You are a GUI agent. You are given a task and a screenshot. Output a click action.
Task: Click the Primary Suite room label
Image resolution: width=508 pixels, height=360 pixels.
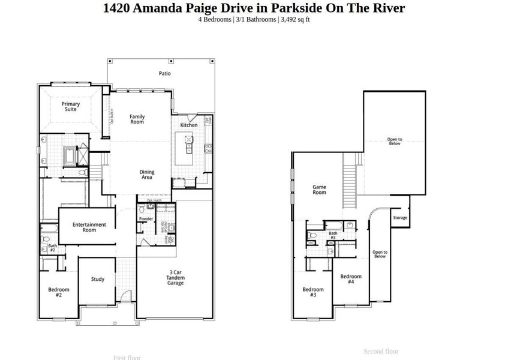(x=71, y=106)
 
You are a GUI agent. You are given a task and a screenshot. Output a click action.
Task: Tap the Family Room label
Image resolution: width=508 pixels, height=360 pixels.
(x=137, y=119)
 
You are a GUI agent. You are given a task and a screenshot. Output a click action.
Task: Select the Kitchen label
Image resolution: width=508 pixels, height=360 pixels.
(x=189, y=125)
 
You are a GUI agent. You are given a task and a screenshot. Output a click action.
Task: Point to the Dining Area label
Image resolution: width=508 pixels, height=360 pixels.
(x=147, y=175)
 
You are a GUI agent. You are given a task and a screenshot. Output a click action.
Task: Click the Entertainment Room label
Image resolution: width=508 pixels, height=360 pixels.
(x=89, y=227)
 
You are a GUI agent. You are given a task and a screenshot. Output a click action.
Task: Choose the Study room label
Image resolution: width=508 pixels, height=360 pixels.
(x=98, y=279)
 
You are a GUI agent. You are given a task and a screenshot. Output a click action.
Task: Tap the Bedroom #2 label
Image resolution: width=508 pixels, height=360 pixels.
(x=59, y=292)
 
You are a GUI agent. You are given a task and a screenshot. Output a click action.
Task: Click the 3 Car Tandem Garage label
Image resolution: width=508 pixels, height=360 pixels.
(x=176, y=278)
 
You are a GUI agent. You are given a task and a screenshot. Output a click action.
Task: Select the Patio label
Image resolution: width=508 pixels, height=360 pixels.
(x=164, y=74)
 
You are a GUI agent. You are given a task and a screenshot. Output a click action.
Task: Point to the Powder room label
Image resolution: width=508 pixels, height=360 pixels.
(x=146, y=219)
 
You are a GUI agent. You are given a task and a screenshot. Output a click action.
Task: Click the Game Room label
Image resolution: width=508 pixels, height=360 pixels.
(x=319, y=190)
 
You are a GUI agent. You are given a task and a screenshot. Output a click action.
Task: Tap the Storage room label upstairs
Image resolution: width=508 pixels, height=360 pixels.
(x=400, y=218)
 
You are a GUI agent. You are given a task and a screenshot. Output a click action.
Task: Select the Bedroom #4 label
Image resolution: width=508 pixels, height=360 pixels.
(x=351, y=279)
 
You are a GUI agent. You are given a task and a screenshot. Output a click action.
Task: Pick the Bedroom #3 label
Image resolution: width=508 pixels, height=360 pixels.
(x=313, y=292)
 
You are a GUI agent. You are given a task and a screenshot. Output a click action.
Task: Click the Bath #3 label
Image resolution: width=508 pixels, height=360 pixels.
(x=333, y=235)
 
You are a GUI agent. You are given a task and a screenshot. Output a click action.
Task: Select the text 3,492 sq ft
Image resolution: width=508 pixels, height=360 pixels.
(x=295, y=20)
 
